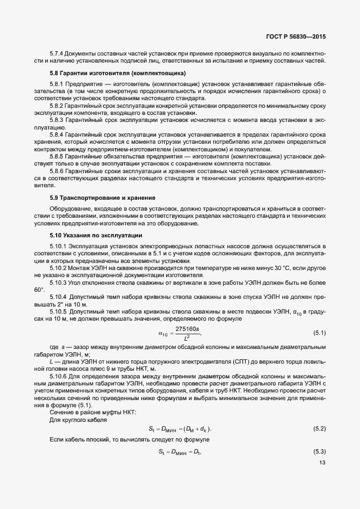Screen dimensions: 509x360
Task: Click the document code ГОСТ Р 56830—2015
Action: coord(296,38)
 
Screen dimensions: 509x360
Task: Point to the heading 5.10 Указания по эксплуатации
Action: coord(96,235)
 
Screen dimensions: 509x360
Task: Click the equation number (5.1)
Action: coord(319,332)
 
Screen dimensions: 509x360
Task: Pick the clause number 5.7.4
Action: coord(57,53)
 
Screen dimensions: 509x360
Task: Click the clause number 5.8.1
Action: coord(57,84)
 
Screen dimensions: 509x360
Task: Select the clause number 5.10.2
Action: coord(59,269)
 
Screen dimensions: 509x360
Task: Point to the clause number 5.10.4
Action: coord(59,296)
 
